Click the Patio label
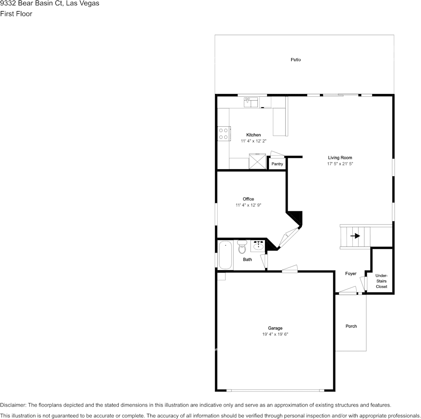click(x=296, y=59)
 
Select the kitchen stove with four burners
click(x=223, y=133)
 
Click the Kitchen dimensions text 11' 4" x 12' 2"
click(x=253, y=141)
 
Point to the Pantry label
click(x=277, y=164)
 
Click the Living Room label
click(x=340, y=158)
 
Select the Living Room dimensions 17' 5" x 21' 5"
click(x=340, y=164)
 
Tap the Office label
click(x=248, y=199)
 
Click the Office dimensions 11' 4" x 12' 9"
click(x=248, y=205)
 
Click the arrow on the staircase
click(x=355, y=236)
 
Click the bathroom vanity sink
click(x=258, y=245)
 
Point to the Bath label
click(x=247, y=260)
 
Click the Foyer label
click(x=351, y=274)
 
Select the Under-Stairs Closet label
click(x=382, y=281)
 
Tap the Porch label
click(x=351, y=326)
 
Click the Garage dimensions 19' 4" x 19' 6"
click(x=275, y=334)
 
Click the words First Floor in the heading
click(x=16, y=14)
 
